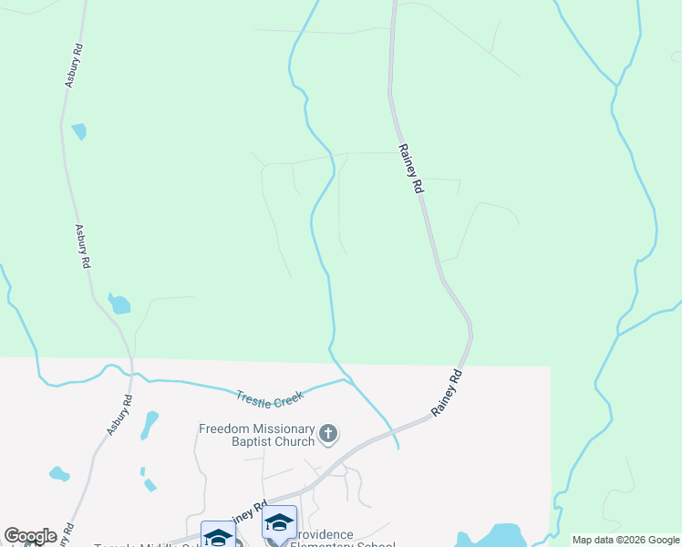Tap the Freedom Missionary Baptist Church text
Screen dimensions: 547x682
pos(257,435)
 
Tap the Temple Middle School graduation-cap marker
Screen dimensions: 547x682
pos(218,536)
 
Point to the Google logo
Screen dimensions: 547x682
pos(30,536)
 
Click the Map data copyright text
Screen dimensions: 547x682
pos(625,540)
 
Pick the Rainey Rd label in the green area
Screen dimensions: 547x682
pos(410,168)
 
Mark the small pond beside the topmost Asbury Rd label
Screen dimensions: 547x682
pos(79,130)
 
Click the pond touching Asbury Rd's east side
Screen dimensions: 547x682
pos(119,303)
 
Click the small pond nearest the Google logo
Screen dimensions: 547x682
pos(58,474)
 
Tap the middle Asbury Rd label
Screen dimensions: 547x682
pos(82,246)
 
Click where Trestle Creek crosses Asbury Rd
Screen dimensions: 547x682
pos(132,374)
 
